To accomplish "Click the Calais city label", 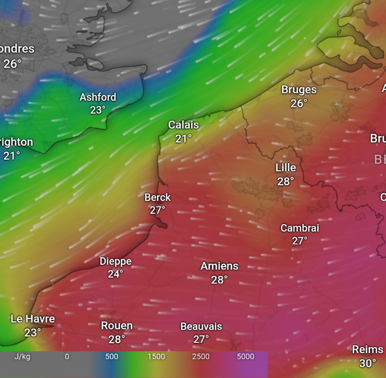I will [x=183, y=125].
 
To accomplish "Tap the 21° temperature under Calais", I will [x=183, y=139].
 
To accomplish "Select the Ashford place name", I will [x=98, y=97].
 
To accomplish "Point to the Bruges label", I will [x=299, y=90].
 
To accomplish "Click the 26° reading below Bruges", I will [x=299, y=103].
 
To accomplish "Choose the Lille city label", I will [x=285, y=168].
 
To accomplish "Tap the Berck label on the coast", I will [x=157, y=197].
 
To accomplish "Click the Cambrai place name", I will [x=300, y=228].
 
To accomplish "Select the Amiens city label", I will [x=219, y=266].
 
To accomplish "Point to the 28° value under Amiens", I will [x=219, y=279].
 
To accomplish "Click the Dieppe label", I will [x=115, y=261].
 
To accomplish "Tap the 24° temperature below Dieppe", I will [x=115, y=274].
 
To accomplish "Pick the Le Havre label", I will [x=33, y=319].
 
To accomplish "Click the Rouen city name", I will [x=117, y=326].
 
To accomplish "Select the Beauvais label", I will [x=201, y=326].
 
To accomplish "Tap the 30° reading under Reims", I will [x=368, y=363].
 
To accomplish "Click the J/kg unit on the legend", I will [x=22, y=357].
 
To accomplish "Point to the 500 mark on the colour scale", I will [x=112, y=357].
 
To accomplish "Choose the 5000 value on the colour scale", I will [x=246, y=357].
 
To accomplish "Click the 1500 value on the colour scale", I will [x=156, y=357].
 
